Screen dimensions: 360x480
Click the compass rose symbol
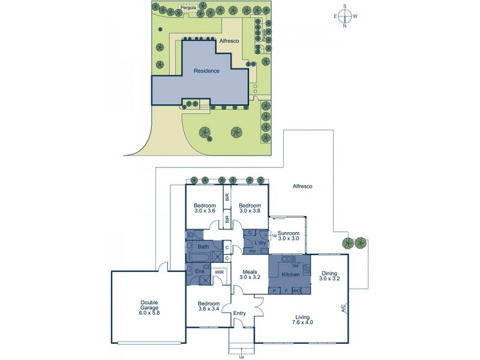pyautogui.click(x=345, y=16)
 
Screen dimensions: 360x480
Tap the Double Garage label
pyautogui.click(x=149, y=307)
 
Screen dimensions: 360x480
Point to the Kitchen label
pyautogui.click(x=291, y=274)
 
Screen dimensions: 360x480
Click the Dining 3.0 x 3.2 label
pyautogui.click(x=329, y=275)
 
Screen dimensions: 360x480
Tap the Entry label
pyautogui.click(x=240, y=313)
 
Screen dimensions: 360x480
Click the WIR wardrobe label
pyautogui.click(x=220, y=272)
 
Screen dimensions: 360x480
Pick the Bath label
pyautogui.click(x=203, y=247)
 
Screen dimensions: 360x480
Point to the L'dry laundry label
pyautogui.click(x=260, y=242)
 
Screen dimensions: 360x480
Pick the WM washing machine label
pyautogui.click(x=251, y=251)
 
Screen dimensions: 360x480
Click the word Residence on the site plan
pyautogui.click(x=206, y=71)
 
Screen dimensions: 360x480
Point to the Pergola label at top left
pyautogui.click(x=190, y=8)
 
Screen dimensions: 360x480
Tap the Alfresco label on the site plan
pyautogui.click(x=230, y=40)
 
